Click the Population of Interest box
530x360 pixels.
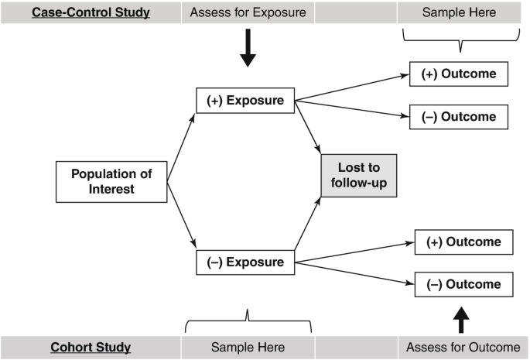coord(111,180)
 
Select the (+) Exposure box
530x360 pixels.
coord(244,101)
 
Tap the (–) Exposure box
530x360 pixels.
coord(244,262)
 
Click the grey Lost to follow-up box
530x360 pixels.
coord(358,175)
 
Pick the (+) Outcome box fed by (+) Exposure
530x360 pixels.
coord(458,75)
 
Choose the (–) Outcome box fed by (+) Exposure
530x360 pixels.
coord(458,117)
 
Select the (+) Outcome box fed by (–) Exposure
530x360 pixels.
coord(463,242)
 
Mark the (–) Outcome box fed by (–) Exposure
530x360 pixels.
coord(463,284)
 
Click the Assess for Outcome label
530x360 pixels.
coord(463,347)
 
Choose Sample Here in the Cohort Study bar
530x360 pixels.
coord(248,347)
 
